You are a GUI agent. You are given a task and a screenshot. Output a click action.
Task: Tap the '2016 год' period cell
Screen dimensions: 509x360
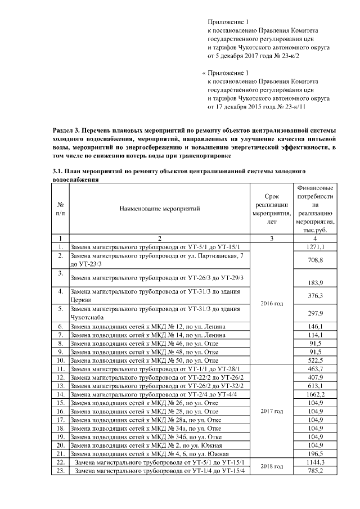272,303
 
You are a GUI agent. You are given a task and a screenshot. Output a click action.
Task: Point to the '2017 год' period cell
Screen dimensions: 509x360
272,411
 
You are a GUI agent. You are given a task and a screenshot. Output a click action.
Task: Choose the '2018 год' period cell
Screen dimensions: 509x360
272,466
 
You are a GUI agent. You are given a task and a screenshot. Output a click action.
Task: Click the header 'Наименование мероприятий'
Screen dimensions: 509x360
160,209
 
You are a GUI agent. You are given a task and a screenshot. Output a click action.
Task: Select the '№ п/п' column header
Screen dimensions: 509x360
60,209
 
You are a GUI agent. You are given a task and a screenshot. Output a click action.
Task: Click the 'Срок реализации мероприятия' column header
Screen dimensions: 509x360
272,209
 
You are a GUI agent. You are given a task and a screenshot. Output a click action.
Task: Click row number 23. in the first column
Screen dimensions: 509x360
60,470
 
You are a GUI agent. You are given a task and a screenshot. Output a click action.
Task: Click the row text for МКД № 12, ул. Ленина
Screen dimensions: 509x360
140,326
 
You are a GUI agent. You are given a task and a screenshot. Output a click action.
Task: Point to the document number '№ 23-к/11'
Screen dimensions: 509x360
294,106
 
